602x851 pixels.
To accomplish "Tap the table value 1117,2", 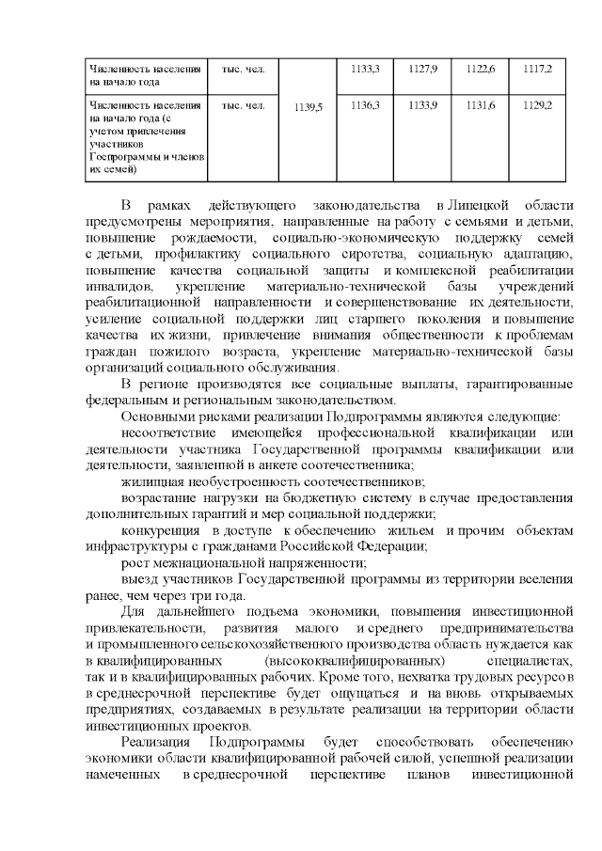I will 537,70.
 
